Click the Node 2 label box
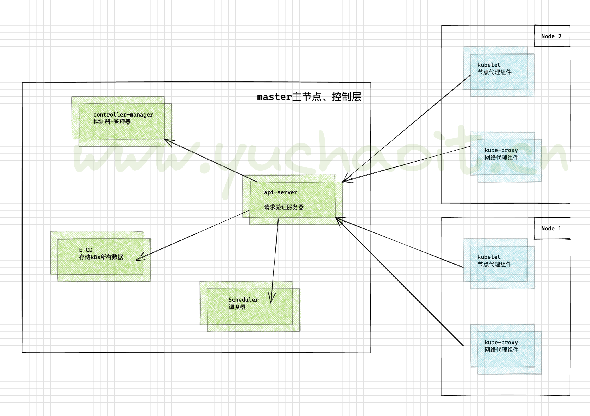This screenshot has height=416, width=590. (552, 36)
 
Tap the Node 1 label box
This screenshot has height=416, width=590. (552, 228)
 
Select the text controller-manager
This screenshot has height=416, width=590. (123, 115)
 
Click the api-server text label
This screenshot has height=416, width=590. (280, 192)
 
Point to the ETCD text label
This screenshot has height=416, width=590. (86, 250)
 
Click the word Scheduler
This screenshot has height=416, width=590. (243, 299)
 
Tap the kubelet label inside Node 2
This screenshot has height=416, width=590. (489, 65)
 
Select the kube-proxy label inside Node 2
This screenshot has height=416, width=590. (501, 150)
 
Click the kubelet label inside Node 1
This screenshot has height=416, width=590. (489, 257)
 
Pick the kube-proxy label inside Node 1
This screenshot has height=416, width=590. (501, 342)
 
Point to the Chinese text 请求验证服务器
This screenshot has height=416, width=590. (284, 207)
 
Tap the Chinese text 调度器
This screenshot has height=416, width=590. (237, 307)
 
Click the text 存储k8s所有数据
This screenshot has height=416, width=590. (101, 257)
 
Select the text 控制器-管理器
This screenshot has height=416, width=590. (112, 122)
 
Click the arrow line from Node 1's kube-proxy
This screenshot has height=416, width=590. (401, 283)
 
